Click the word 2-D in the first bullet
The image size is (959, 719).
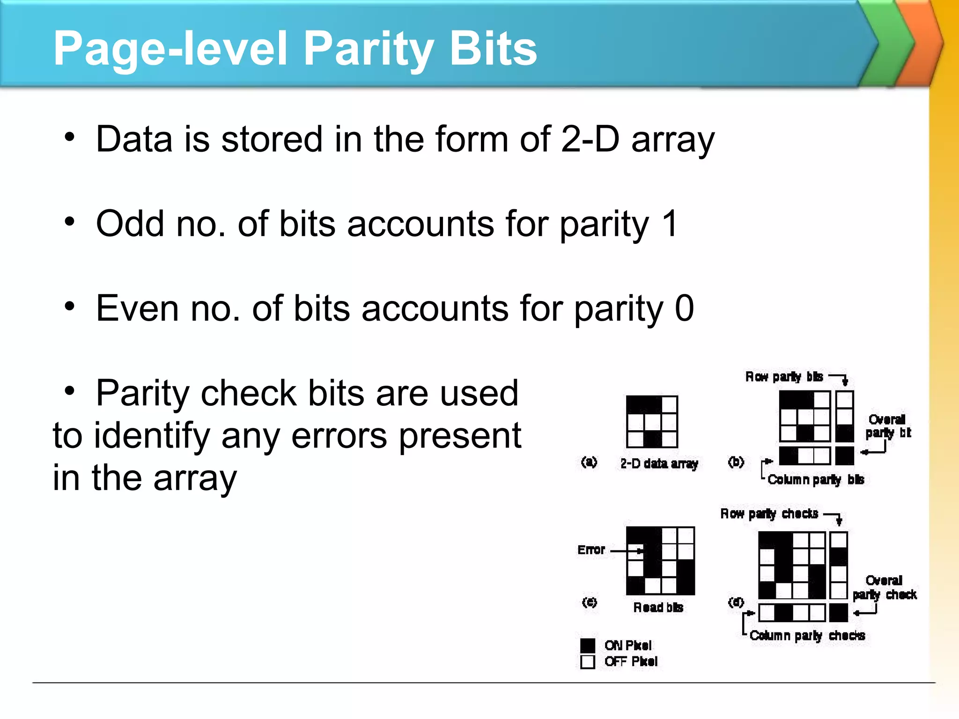click(590, 139)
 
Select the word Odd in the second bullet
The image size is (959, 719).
click(130, 224)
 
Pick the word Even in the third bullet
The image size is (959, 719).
click(137, 308)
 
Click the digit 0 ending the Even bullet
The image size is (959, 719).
click(684, 308)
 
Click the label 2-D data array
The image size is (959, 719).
click(659, 463)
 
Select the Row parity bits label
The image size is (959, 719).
click(784, 377)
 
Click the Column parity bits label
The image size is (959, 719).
click(816, 479)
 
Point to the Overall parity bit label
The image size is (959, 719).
click(887, 426)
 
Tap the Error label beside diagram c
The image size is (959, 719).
click(591, 550)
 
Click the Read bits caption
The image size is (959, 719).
click(658, 607)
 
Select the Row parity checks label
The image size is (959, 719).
click(769, 514)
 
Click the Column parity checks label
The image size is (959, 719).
click(807, 635)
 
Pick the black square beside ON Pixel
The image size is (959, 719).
click(588, 646)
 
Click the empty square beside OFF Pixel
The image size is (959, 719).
click(588, 662)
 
